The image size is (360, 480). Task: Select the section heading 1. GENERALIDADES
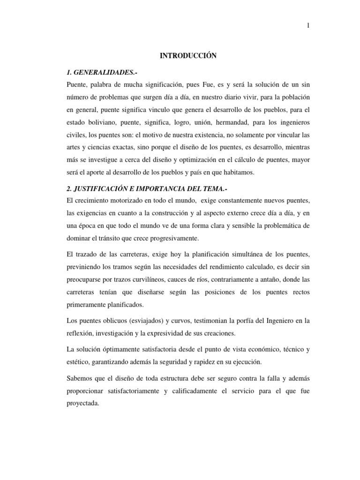(x=103, y=72)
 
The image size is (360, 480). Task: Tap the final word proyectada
(x=83, y=403)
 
